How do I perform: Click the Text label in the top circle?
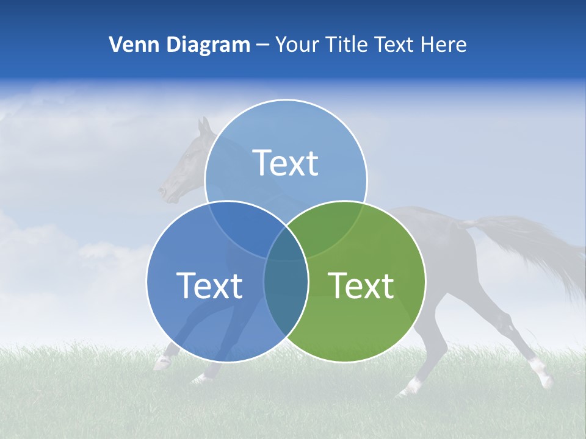[286, 163]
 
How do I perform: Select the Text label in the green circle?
[361, 285]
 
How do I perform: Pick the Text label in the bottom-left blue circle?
[209, 285]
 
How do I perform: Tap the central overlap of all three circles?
[286, 244]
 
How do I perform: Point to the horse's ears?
[204, 126]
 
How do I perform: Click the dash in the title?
[262, 45]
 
